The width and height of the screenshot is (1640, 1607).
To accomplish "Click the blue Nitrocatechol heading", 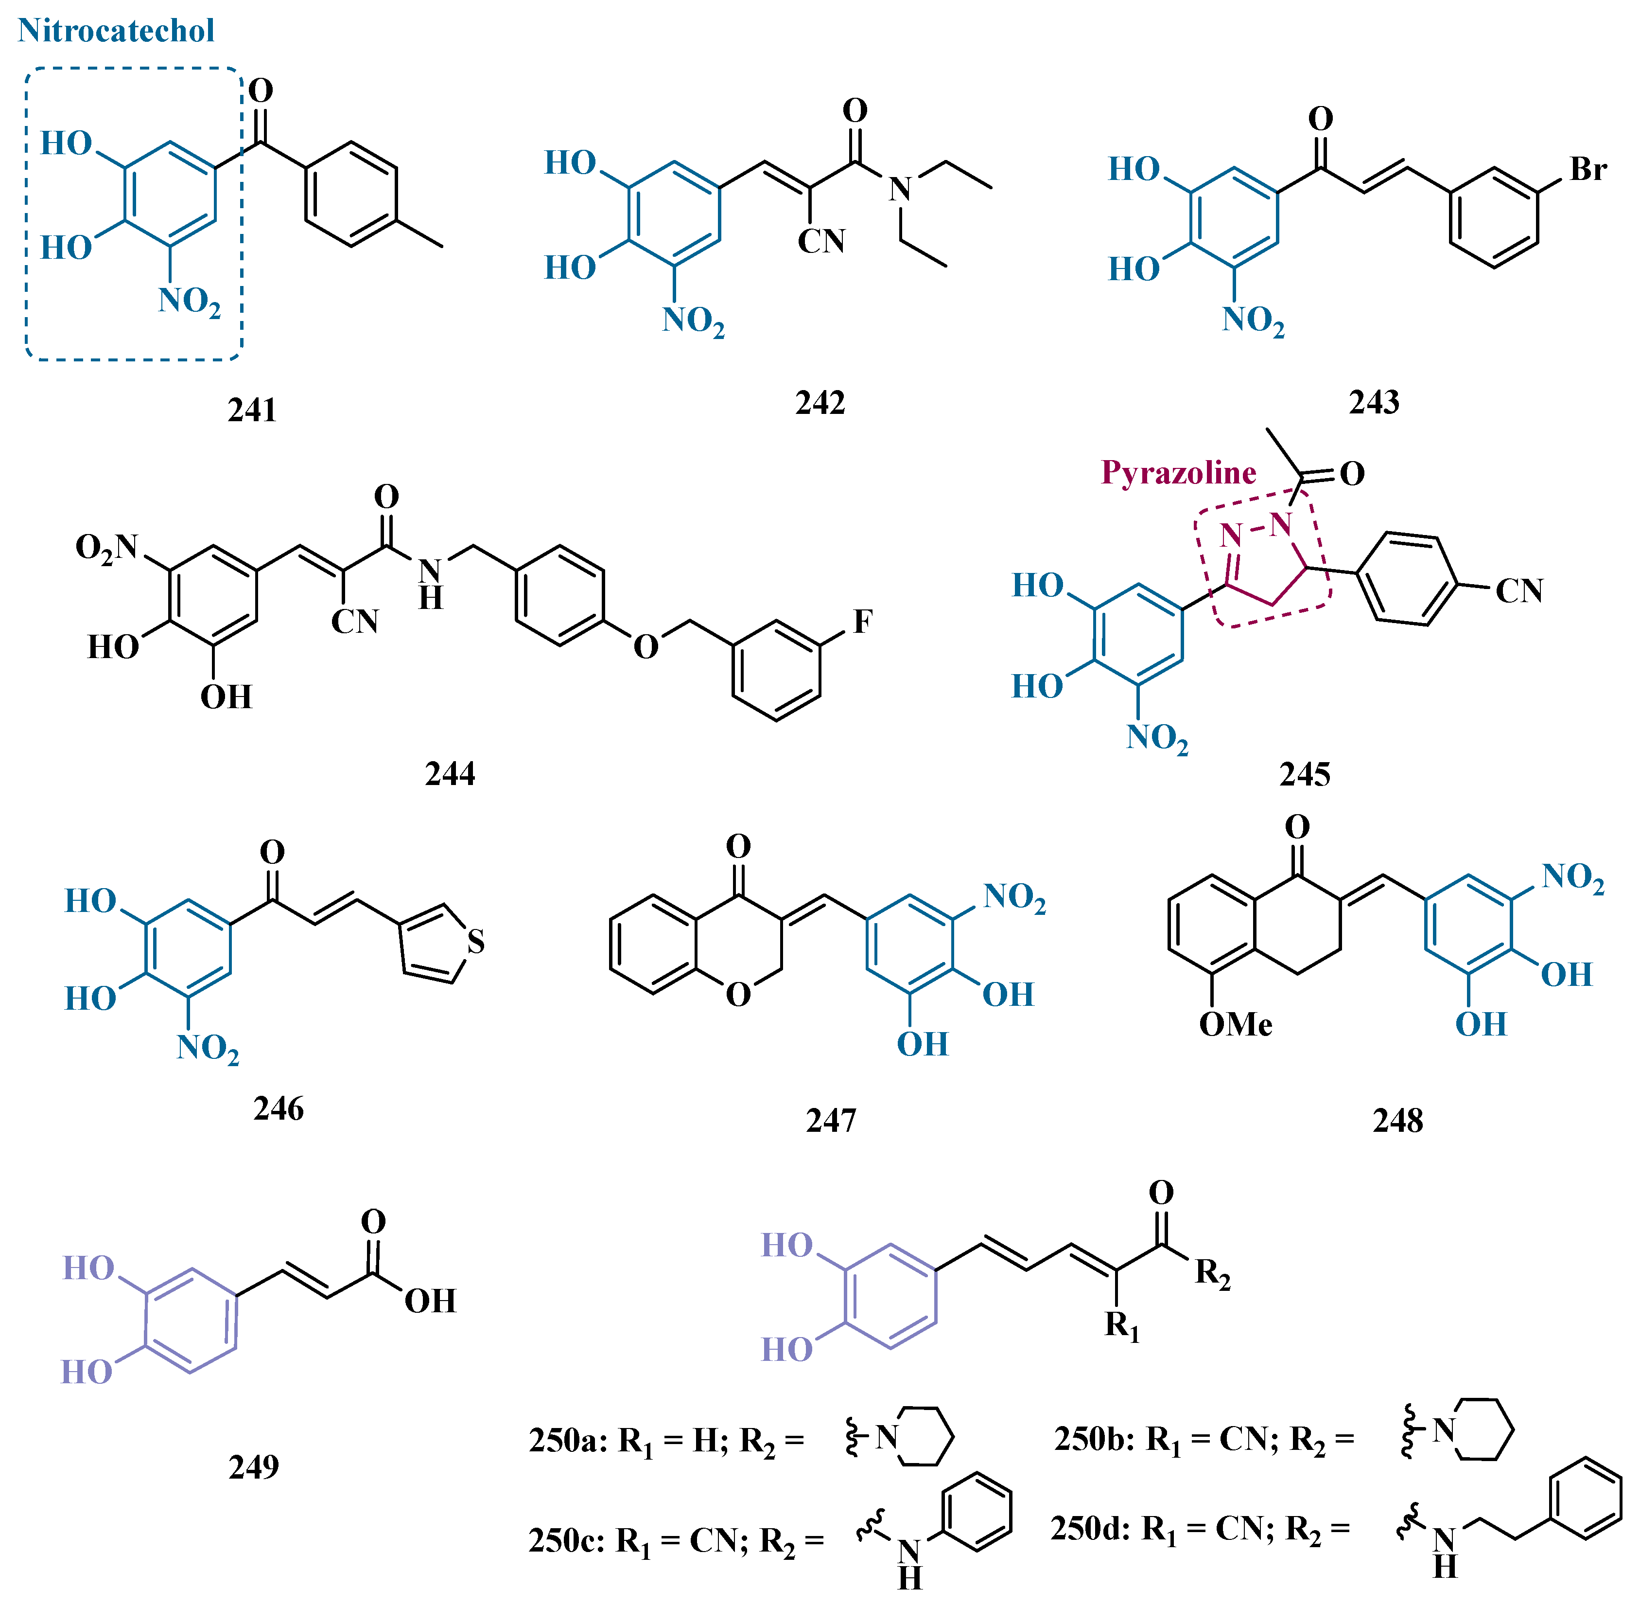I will (x=117, y=31).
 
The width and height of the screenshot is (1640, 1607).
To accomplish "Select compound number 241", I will (x=251, y=410).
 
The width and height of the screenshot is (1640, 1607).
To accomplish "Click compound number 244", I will (x=450, y=773).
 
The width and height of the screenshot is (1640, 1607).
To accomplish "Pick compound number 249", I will (x=253, y=1467).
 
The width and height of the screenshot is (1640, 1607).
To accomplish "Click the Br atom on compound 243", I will (x=1588, y=170).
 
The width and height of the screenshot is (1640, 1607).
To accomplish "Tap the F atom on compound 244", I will (x=862, y=622).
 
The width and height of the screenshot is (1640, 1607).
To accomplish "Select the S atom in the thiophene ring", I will (x=476, y=942).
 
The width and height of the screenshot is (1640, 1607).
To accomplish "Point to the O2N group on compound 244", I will (x=106, y=548).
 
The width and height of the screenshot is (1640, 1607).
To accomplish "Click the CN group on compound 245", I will (x=1518, y=591).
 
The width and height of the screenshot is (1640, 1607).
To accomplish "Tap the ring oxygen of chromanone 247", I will (x=738, y=995).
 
